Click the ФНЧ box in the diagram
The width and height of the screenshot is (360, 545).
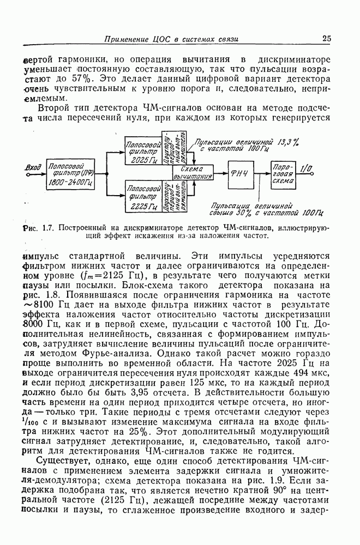pos(240,174)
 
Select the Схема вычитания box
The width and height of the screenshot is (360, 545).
pos(193,173)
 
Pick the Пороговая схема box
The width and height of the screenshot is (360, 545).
pos(284,174)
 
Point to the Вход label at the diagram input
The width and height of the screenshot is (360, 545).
pos(33,167)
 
